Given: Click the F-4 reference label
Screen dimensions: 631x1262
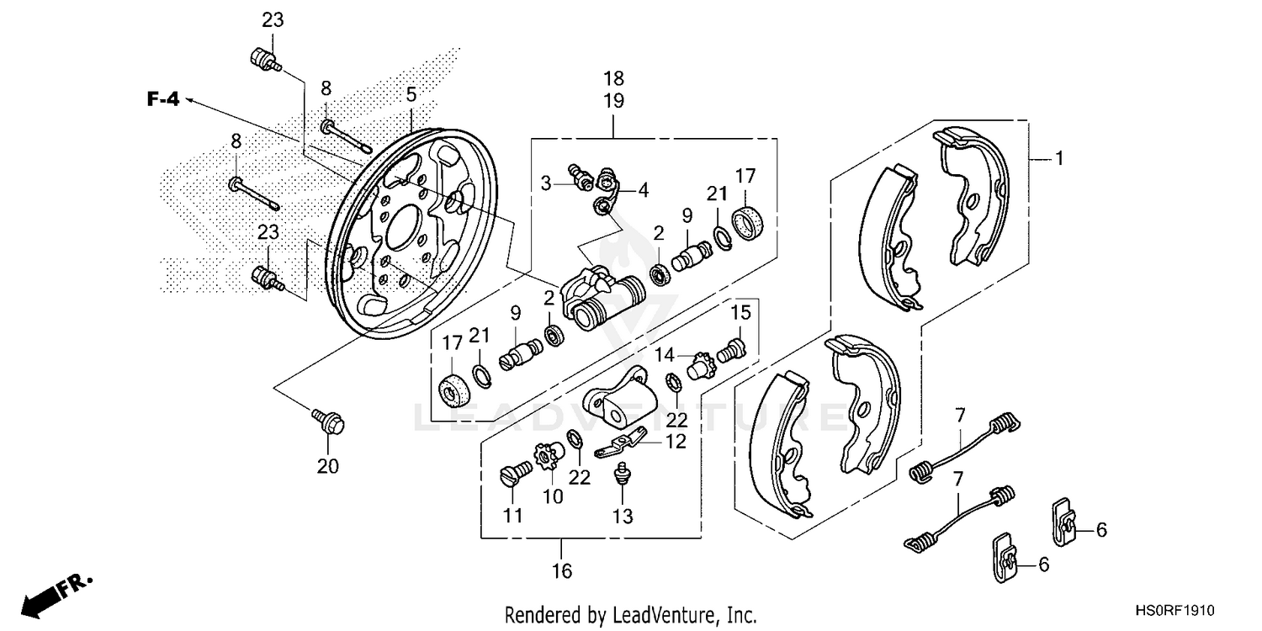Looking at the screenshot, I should click(163, 99).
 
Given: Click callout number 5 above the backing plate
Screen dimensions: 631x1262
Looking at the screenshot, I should click(411, 94).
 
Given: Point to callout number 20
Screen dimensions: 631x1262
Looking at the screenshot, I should click(327, 465).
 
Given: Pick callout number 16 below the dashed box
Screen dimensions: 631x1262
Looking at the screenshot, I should click(562, 571).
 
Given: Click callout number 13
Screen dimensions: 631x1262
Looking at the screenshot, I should click(623, 516).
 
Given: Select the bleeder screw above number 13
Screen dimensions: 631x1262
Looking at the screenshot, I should click(623, 472).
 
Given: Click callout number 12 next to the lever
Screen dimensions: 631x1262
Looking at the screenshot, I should click(676, 441).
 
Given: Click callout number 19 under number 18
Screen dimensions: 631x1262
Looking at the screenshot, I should click(613, 101).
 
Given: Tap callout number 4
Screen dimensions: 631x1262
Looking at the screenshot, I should click(643, 190).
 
